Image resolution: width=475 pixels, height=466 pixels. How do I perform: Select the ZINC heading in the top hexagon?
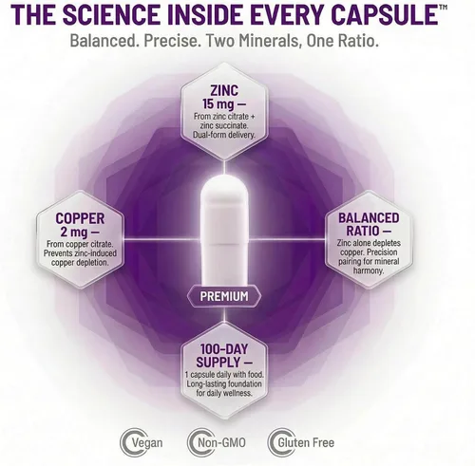(224, 90)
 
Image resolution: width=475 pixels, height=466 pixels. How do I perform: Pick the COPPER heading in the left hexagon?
(80, 218)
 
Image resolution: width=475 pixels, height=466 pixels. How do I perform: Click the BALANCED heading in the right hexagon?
(369, 218)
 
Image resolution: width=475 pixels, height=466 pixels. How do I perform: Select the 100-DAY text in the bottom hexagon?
(224, 349)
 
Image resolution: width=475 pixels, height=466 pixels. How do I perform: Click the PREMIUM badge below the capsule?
(224, 296)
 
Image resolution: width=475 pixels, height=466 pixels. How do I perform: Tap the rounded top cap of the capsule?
(224, 188)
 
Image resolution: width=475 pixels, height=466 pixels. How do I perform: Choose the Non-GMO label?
(221, 442)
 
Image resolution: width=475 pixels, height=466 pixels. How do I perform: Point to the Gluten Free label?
(306, 442)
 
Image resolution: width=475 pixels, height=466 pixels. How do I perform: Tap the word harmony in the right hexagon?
(369, 270)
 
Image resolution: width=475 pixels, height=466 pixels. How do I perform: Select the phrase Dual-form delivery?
(224, 135)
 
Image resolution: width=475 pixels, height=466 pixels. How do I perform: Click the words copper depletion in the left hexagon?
(80, 263)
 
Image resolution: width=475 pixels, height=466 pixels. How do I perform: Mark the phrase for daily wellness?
(224, 393)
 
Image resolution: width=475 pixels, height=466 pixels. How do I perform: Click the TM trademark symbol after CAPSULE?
(444, 7)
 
